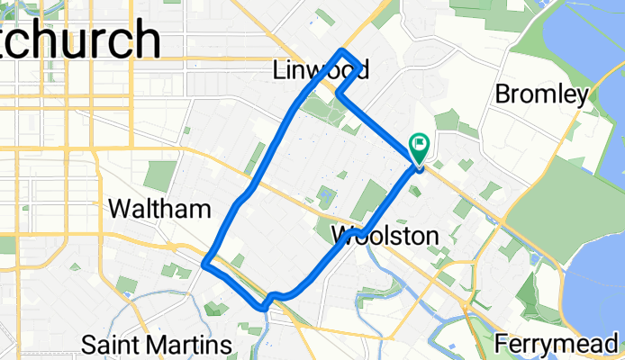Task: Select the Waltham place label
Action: tap(159, 209)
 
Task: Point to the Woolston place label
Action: tap(385, 237)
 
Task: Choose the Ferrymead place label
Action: tap(558, 344)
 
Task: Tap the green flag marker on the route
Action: tap(420, 144)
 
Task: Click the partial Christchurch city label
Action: tap(81, 40)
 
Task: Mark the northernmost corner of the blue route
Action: tap(341, 50)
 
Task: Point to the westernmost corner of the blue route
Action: tap(205, 264)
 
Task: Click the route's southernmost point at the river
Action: tap(264, 307)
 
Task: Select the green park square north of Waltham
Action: tap(159, 175)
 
